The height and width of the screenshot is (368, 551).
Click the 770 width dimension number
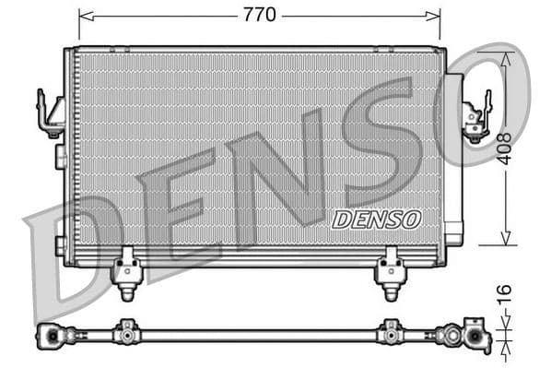pyautogui.click(x=259, y=15)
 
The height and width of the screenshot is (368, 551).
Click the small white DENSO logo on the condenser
pyautogui.click(x=376, y=220)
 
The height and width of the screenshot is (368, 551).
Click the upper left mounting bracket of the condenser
pyautogui.click(x=49, y=113)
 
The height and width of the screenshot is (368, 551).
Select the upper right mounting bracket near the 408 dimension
pyautogui.click(x=476, y=117)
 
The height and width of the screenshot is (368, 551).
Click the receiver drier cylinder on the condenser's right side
pyautogui.click(x=454, y=157)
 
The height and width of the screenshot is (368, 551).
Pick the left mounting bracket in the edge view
pyautogui.click(x=126, y=331)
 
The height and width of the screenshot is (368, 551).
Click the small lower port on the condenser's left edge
pyautogui.click(x=60, y=245)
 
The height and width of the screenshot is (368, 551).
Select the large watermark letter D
pyautogui.click(x=69, y=258)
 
